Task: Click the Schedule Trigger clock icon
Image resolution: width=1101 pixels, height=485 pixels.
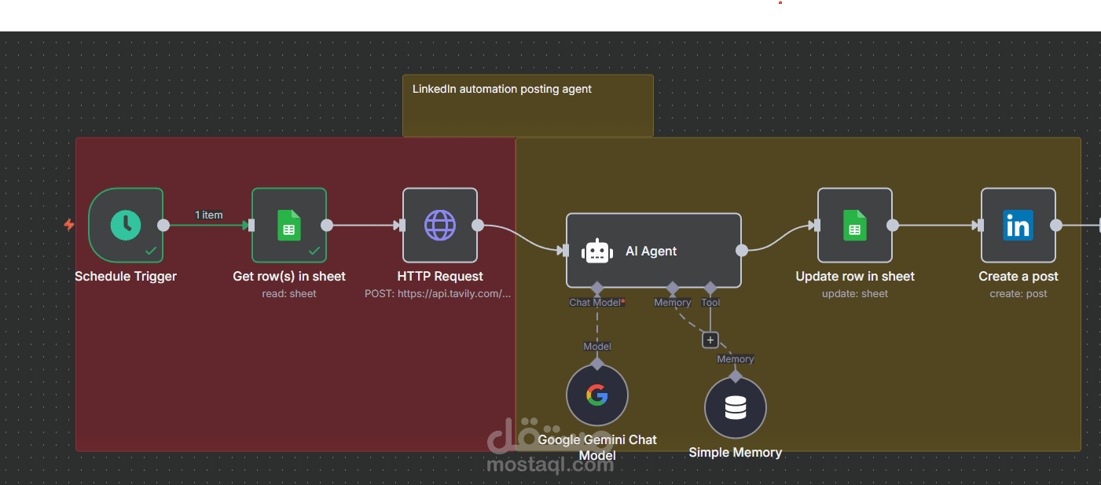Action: [126, 225]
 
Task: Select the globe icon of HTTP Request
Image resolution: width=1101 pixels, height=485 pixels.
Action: [440, 225]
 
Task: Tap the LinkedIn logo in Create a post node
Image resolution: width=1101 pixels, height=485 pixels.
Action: [1018, 226]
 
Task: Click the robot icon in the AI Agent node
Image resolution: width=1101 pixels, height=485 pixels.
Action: [597, 252]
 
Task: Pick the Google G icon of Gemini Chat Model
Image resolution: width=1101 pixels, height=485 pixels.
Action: [597, 395]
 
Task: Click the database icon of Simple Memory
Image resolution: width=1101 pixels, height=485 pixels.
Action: [735, 407]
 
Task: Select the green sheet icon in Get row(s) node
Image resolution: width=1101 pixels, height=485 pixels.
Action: [289, 225]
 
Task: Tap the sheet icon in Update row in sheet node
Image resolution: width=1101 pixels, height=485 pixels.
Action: [855, 225]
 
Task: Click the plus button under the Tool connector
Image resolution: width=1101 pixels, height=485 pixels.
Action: [710, 340]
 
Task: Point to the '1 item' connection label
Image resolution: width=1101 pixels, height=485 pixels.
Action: [209, 215]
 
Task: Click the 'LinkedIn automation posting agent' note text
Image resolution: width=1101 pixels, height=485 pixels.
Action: [501, 89]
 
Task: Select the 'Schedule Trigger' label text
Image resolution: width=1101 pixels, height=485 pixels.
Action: [126, 277]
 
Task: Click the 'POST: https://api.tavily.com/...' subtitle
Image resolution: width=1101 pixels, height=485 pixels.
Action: [438, 294]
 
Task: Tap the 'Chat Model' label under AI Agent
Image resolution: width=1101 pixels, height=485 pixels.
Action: [595, 303]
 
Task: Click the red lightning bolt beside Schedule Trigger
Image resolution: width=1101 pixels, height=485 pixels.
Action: [69, 225]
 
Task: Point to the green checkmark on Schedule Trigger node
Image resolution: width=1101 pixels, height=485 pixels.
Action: [151, 251]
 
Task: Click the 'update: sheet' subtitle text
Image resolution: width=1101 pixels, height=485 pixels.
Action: [855, 294]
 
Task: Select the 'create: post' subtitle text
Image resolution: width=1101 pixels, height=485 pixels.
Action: [1018, 294]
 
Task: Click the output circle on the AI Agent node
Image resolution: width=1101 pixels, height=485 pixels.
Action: [741, 251]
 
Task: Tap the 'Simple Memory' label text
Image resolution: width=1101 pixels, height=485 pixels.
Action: [735, 453]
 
